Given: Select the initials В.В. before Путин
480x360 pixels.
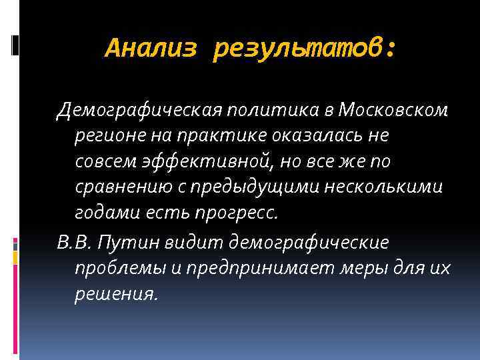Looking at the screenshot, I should point(73,241).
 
